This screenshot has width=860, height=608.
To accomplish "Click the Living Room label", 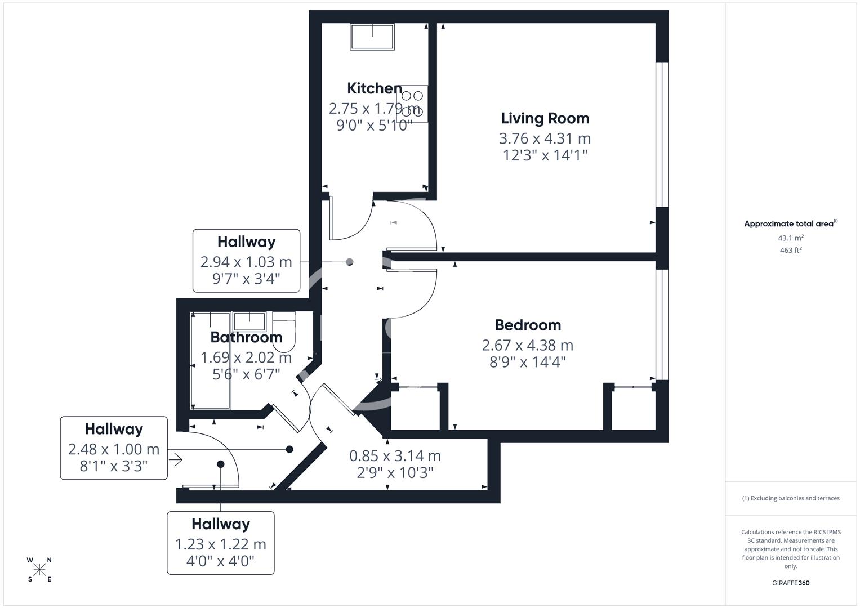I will (545, 118).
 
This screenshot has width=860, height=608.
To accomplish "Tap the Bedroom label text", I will (528, 325).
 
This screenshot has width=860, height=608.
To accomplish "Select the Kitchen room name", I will (374, 88).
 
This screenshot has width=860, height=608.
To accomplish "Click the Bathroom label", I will (246, 337).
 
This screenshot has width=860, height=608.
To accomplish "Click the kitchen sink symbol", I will (372, 37).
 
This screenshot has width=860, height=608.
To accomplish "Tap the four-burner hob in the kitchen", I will (412, 104).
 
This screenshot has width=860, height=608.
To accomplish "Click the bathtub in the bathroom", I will (211, 360).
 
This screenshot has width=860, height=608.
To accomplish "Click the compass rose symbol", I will (39, 570).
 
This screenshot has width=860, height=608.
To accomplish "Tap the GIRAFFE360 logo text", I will (790, 583).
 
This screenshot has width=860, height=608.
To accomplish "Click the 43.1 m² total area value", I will (790, 238).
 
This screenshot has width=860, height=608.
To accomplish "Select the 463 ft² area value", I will (790, 251).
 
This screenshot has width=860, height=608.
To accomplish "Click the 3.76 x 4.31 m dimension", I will (545, 138).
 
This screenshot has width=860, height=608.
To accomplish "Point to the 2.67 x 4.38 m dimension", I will (528, 345).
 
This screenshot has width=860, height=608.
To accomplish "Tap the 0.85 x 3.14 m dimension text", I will (395, 455).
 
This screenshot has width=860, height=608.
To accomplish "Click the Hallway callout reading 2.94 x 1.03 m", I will (246, 261).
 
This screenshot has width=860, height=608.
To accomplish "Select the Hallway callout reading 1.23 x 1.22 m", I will (220, 543).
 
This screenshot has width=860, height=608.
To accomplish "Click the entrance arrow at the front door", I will (175, 460).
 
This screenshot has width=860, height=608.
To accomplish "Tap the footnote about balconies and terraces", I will (790, 498).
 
